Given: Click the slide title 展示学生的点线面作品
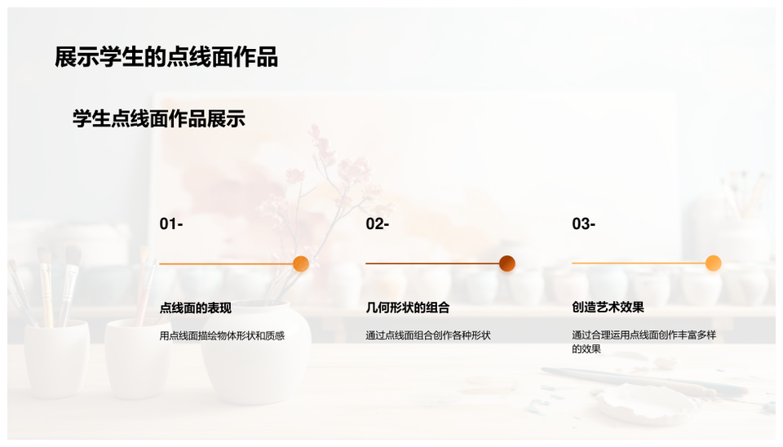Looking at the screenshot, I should pos(166,57).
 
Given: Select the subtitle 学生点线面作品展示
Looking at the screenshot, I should pos(158,119).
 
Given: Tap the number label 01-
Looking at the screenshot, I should pos(170,224).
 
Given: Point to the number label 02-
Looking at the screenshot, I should pos(377,224).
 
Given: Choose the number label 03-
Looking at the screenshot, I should pos(583,224).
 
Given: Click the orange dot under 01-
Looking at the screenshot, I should pos(300,263).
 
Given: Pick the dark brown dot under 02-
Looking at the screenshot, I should pos(507,263).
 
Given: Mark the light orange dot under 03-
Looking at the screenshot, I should pos(713,263).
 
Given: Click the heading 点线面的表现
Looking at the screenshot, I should pos(196,308).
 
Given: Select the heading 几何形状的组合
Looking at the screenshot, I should pos(408,308).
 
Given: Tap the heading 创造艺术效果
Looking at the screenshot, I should pos(608,308).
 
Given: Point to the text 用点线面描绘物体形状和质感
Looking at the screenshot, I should pos(222,335).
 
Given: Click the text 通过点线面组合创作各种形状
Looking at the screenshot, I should pos(428,335).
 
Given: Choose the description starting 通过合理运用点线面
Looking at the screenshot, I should pos(644,342).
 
